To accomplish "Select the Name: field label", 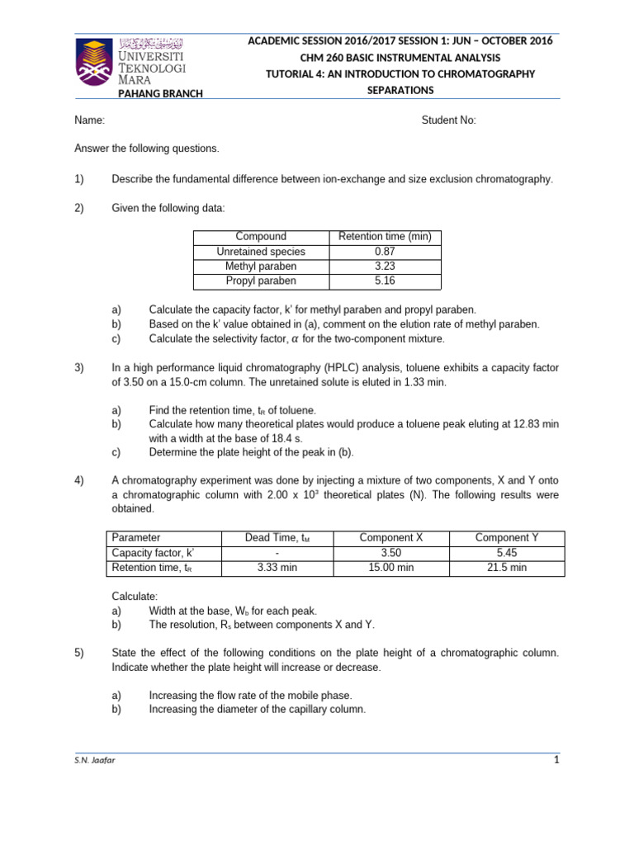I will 90,120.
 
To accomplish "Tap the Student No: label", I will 448,120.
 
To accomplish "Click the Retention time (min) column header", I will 385,237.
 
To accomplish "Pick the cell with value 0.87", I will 385,252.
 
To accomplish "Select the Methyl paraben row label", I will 261,267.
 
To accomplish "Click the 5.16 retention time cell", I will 385,281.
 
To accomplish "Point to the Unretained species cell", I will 261,252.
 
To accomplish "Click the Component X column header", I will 391,537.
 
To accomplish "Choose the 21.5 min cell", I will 507,568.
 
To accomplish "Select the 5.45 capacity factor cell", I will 507,552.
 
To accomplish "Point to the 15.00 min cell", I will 391,568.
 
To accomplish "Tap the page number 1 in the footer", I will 556,760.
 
